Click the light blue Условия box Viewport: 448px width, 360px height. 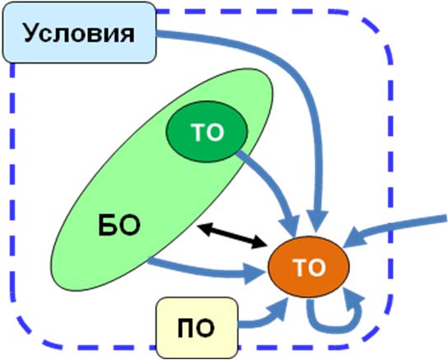[79, 32]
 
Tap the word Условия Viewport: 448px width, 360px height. [79, 33]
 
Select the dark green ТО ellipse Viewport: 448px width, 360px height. [207, 132]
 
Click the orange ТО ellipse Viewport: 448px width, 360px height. [309, 267]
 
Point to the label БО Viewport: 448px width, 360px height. [119, 226]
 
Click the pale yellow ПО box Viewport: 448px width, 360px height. [197, 328]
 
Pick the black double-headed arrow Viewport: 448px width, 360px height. [231, 236]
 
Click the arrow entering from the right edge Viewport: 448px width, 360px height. [394, 228]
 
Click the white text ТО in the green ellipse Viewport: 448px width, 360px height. [208, 133]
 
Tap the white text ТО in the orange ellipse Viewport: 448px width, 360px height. [309, 268]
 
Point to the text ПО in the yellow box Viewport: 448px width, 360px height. [196, 329]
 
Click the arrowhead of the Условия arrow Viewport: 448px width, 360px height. [317, 222]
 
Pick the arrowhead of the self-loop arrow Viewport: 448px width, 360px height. [352, 298]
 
